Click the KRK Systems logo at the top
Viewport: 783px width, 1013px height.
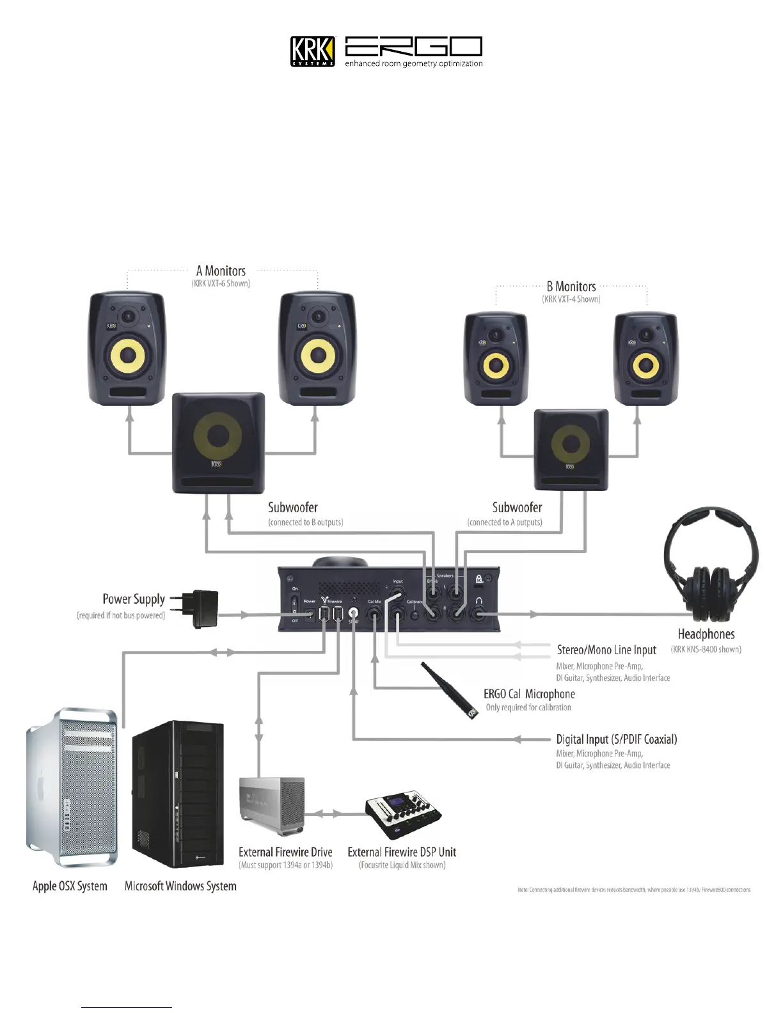click(x=312, y=51)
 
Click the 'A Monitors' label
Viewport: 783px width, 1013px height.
click(x=221, y=271)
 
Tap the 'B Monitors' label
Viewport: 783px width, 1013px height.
click(x=571, y=287)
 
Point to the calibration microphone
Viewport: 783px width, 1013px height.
click(x=449, y=690)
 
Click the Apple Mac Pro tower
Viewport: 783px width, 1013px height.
click(x=72, y=787)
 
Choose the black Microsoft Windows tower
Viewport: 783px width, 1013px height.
click(x=178, y=794)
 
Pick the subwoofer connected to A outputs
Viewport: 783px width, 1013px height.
click(x=571, y=450)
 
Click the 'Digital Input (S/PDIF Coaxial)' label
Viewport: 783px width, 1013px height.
click(x=616, y=739)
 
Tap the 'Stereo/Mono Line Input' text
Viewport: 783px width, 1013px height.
click(x=606, y=650)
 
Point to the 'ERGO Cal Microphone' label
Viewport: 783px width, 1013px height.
click(x=529, y=694)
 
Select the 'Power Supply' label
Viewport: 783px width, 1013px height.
click(x=134, y=599)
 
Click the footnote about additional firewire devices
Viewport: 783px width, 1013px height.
click(x=633, y=890)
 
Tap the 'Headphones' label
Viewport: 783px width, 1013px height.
click(x=706, y=634)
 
